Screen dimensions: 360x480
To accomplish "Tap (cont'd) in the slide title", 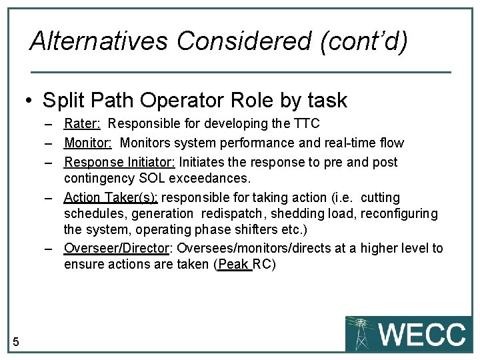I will [x=363, y=41].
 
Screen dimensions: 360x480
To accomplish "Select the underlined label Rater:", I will [x=82, y=123].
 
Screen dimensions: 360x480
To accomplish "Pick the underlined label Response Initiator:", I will [x=119, y=162].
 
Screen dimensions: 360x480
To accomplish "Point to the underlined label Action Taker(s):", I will [x=111, y=197].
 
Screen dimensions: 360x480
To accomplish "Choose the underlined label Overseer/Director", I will [x=115, y=248].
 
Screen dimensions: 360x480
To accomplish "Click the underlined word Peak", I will [x=233, y=264].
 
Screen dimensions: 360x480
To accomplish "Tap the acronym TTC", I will [x=307, y=123].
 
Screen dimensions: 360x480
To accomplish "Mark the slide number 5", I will [x=15, y=342].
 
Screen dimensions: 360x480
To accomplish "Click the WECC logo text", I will [x=422, y=334].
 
